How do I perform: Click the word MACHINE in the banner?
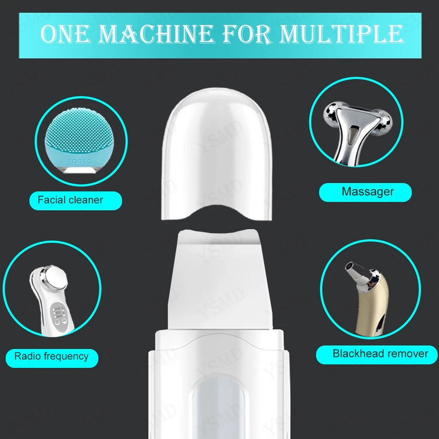(x=155, y=34)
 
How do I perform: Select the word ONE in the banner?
(x=66, y=34)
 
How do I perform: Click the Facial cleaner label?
(x=76, y=200)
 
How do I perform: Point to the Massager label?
(x=365, y=192)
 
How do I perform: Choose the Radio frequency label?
(x=52, y=358)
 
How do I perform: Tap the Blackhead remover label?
(x=377, y=354)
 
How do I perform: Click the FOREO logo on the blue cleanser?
(x=80, y=161)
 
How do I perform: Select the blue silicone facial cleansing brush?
(x=80, y=140)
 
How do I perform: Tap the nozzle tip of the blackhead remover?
(x=350, y=266)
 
